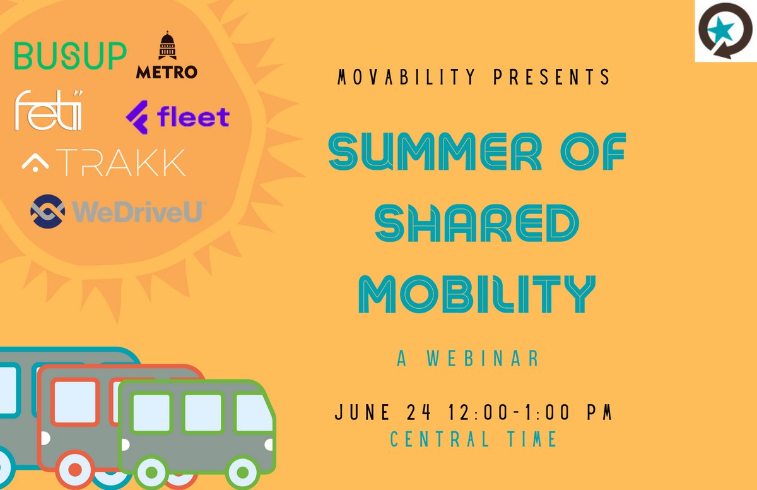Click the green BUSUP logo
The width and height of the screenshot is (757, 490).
[x=70, y=56]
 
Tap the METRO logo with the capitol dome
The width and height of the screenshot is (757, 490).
[x=167, y=57]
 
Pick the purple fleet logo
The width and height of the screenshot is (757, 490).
[x=178, y=117]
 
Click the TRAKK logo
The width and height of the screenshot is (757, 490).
[x=104, y=163]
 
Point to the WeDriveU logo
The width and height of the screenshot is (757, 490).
[x=117, y=212]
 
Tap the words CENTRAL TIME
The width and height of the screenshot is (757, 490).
[x=474, y=439]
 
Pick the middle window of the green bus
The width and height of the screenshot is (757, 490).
[x=202, y=412]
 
